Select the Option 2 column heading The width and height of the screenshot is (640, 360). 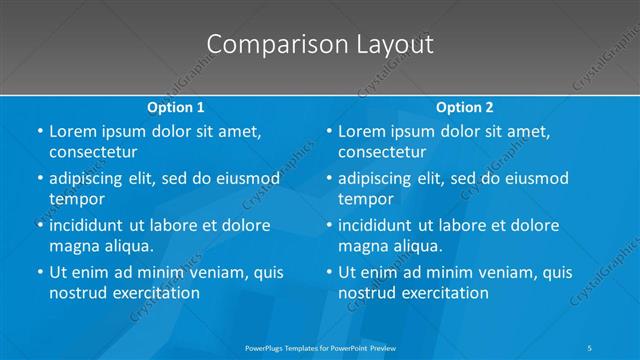click(x=464, y=107)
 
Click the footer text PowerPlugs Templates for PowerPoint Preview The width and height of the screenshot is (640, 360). click(x=319, y=348)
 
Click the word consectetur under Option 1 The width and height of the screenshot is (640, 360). click(x=93, y=152)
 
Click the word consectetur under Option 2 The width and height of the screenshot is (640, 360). click(x=382, y=152)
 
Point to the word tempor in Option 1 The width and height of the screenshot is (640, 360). click(x=76, y=198)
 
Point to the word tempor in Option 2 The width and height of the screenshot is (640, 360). click(x=365, y=198)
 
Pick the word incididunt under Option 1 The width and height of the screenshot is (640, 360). click(x=92, y=225)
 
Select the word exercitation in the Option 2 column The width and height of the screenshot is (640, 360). click(x=442, y=292)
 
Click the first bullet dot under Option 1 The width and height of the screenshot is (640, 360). click(x=40, y=132)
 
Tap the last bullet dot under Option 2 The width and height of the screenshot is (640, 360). click(x=329, y=272)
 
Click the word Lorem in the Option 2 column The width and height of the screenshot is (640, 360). click(x=362, y=132)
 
